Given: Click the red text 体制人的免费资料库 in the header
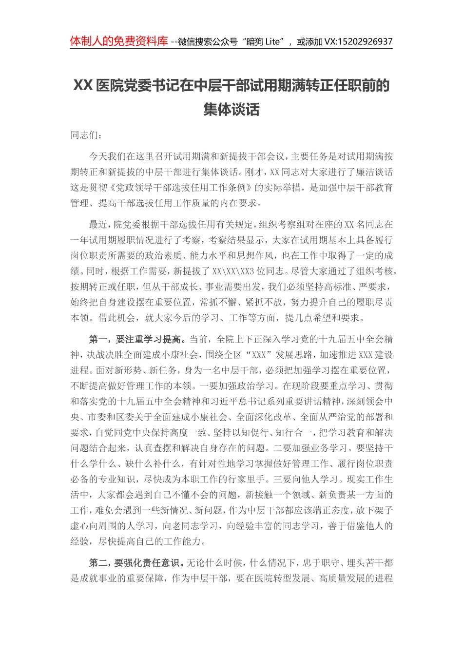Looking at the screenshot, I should [119, 41].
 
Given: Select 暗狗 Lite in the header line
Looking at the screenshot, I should [264, 42].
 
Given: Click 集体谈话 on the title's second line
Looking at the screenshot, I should [231, 109].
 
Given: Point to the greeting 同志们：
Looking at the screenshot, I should [86, 135].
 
